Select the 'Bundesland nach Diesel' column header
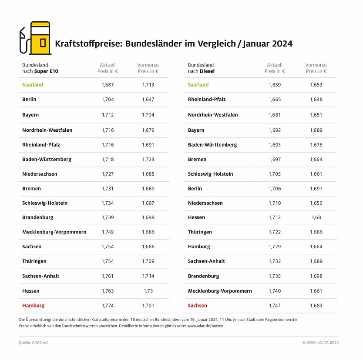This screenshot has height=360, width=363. pyautogui.click(x=201, y=68)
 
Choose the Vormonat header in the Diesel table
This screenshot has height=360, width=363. pyautogui.click(x=316, y=68)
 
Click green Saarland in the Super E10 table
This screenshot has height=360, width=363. pyautogui.click(x=33, y=85)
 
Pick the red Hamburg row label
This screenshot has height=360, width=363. pyautogui.click(x=33, y=306)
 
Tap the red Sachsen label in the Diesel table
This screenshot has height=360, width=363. pyautogui.click(x=198, y=306)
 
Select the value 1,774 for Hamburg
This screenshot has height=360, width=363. pyautogui.click(x=108, y=306)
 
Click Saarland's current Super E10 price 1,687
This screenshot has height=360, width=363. pyautogui.click(x=108, y=85)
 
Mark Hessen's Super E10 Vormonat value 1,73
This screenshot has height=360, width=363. pyautogui.click(x=148, y=291)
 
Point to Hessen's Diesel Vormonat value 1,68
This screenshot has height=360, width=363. pyautogui.click(x=316, y=217)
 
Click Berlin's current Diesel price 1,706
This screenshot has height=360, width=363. pyautogui.click(x=275, y=189)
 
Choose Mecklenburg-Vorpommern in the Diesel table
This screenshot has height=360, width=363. pyautogui.click(x=220, y=291)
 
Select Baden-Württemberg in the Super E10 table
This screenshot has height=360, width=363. pyautogui.click(x=47, y=160)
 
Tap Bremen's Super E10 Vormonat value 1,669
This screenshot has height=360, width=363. pyautogui.click(x=148, y=189)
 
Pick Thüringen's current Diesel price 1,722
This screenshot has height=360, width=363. pyautogui.click(x=275, y=232)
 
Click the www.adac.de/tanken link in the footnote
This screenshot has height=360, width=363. pyautogui.click(x=206, y=326)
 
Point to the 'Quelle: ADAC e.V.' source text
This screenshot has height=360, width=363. pyautogui.click(x=34, y=343)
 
